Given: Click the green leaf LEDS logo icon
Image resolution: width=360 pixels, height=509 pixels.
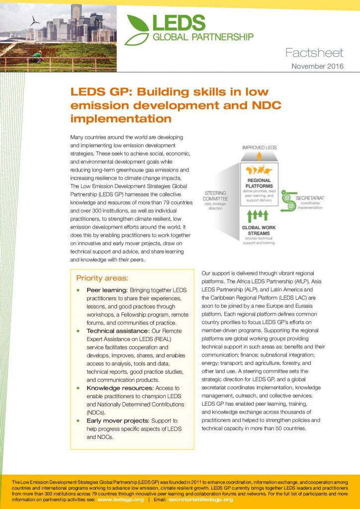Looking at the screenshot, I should click(136, 29).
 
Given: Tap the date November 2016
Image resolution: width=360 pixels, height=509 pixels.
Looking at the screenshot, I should click(317, 67).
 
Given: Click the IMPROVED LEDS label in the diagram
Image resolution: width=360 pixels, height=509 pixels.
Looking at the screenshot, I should click(259, 148).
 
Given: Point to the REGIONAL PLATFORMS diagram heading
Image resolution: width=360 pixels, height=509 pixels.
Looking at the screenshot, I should click(258, 183).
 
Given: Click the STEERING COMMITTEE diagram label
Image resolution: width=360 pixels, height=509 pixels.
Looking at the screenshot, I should click(215, 196).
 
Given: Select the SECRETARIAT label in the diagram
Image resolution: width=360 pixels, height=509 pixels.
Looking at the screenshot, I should click(310, 198).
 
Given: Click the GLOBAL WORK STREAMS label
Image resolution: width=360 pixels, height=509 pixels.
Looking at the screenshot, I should click(258, 230).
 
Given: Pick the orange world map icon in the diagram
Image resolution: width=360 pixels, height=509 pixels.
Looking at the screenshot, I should click(258, 168).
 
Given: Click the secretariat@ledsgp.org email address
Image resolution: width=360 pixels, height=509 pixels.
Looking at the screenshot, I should click(200, 500).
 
